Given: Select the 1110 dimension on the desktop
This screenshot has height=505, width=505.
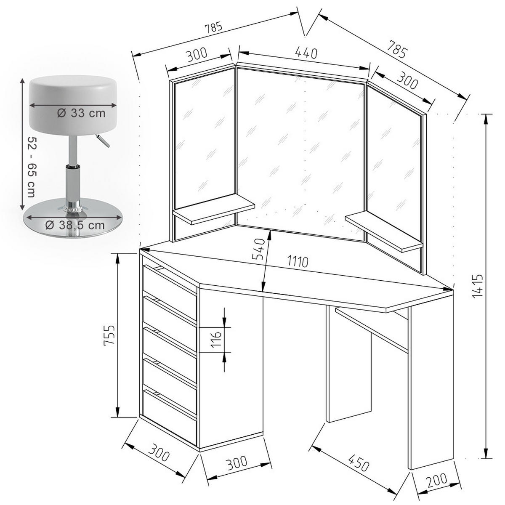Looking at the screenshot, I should (298, 262).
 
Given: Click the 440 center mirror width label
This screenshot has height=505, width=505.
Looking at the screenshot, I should (305, 53).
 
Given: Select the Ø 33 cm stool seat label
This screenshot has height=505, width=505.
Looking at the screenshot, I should (80, 113).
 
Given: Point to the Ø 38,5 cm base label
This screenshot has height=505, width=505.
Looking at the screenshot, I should (74, 225).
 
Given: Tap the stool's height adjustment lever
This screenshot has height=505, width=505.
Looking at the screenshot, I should (102, 140).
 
